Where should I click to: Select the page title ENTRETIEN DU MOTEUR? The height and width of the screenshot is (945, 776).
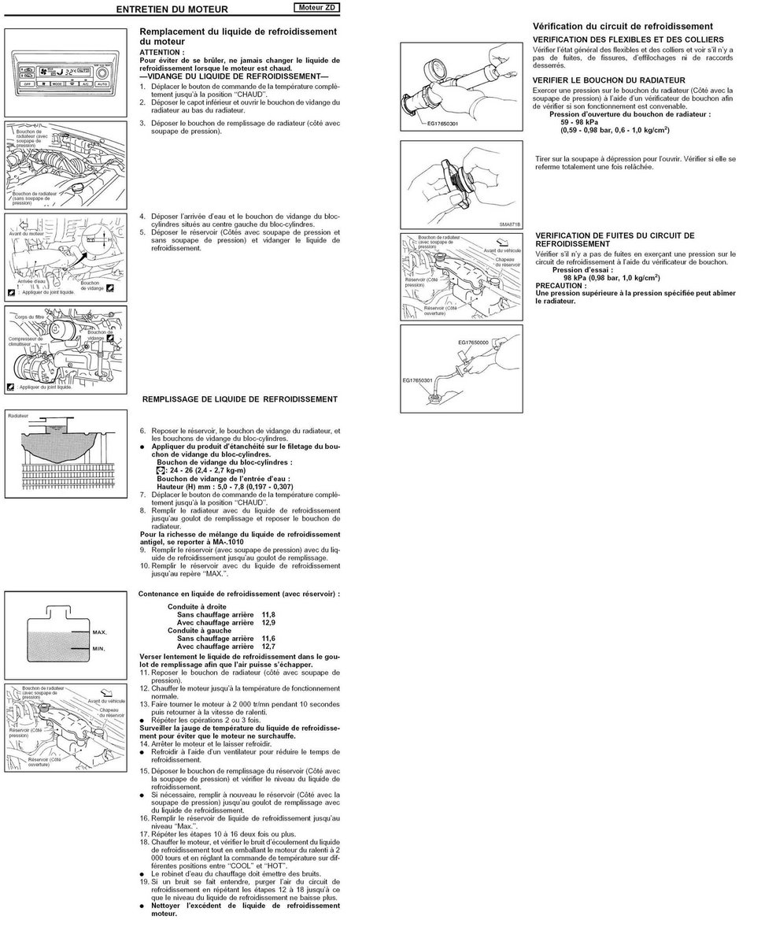pyautogui.click(x=171, y=9)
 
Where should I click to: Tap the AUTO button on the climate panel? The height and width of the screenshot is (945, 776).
pyautogui.click(x=102, y=83)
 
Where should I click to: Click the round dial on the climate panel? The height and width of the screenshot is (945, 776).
pyautogui.click(x=102, y=72)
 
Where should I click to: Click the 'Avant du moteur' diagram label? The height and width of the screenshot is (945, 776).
pyautogui.click(x=27, y=233)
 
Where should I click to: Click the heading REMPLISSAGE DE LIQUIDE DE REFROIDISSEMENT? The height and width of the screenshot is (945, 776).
pyautogui.click(x=239, y=399)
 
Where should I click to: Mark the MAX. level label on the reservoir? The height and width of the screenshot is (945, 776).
pyautogui.click(x=99, y=632)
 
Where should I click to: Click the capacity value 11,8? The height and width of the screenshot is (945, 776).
pyautogui.click(x=268, y=613)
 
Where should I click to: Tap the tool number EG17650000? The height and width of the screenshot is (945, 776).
pyautogui.click(x=473, y=343)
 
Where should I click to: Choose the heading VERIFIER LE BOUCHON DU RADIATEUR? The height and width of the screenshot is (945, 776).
pyautogui.click(x=608, y=80)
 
